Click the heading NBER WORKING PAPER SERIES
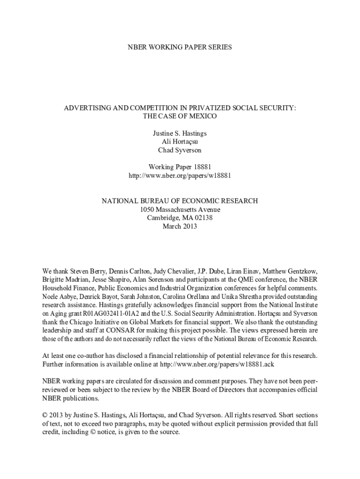180,47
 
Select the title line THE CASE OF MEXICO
180,116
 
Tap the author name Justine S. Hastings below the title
180,134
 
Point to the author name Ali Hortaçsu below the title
180,142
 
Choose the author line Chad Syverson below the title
180,150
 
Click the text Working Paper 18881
180,167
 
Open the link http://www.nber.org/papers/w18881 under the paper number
180,176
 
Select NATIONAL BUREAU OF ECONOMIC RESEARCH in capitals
180,201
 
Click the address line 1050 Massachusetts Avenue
180,210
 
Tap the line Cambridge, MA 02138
180,218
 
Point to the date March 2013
180,226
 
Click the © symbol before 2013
45,415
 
